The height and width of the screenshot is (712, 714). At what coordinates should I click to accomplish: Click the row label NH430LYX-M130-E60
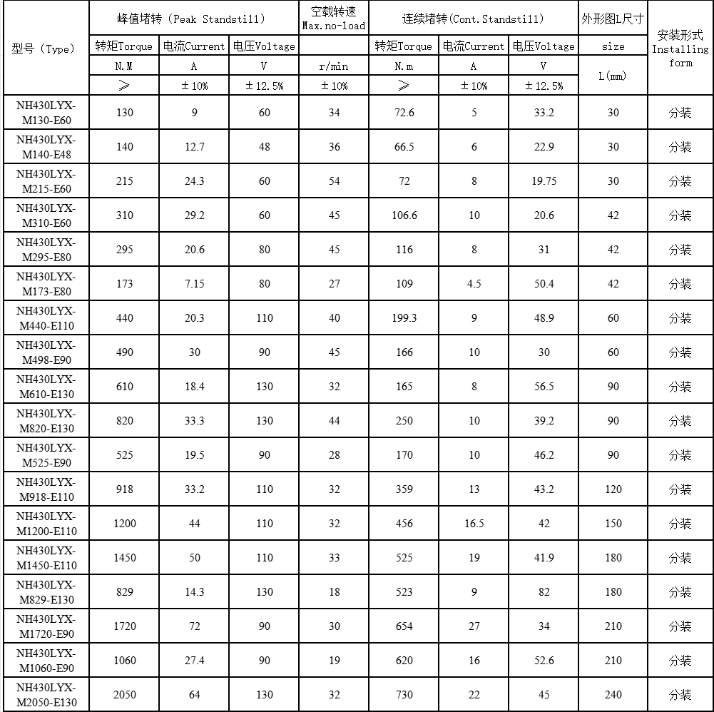pos(46,112)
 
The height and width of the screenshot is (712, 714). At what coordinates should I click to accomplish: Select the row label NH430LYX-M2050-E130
pos(46,694)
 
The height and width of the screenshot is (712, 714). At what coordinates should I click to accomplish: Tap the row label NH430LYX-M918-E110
pos(46,489)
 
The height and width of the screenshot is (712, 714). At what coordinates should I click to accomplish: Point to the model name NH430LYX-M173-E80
pos(46,283)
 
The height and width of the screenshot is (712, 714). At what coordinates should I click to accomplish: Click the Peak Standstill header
pos(195,19)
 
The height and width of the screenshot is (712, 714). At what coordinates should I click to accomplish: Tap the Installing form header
pos(680,49)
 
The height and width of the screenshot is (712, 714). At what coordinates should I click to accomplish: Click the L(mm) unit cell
pos(613,76)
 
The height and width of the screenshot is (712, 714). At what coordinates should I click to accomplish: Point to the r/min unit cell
pos(334,66)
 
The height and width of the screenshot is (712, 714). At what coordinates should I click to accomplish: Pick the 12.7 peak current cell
pos(195,147)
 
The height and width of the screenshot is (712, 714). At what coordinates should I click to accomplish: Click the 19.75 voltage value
pos(544,181)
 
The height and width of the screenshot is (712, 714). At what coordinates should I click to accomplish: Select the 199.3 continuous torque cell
pos(404,318)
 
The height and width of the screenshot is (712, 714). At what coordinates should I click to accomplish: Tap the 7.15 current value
pos(195,284)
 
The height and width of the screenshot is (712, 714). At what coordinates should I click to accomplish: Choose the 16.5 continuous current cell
pos(474,524)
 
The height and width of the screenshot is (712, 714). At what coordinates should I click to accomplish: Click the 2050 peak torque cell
pos(125,695)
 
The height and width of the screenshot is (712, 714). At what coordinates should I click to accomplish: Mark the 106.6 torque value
pos(404,215)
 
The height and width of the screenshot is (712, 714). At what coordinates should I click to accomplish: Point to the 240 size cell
pos(613,695)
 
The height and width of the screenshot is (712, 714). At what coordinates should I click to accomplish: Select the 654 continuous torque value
pos(404,626)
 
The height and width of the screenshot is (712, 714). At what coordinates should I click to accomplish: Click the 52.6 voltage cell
pos(544,661)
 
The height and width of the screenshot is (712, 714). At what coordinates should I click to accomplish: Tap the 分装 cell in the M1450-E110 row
pos(680,558)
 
